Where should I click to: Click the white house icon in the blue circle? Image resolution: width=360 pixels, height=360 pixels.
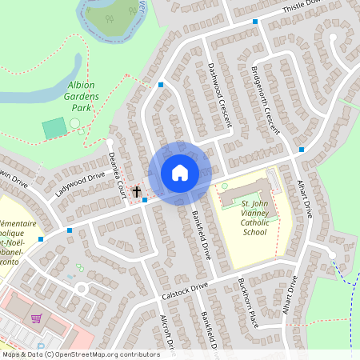[x=180, y=173]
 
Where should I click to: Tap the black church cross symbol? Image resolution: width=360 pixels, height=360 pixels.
[x=137, y=191]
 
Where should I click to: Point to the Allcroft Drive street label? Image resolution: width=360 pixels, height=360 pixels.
[x=167, y=329]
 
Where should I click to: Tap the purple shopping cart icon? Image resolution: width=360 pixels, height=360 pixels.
[x=35, y=318]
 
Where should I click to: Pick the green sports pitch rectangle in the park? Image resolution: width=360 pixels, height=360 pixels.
[x=54, y=127]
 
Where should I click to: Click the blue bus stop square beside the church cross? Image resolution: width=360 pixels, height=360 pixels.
[x=145, y=200]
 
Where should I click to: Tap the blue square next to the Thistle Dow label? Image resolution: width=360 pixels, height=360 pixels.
[x=256, y=22]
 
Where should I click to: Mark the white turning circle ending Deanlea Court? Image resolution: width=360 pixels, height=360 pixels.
[x=110, y=142]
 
